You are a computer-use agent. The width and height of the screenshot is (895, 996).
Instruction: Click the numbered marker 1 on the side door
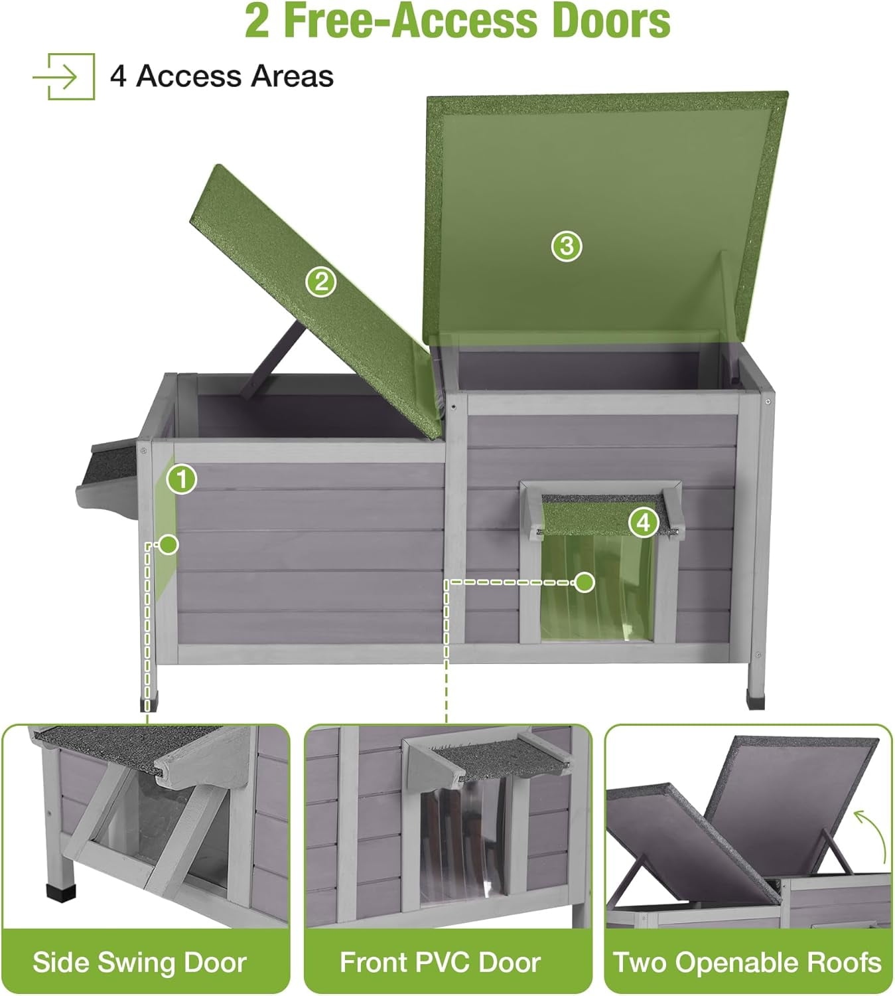[182, 479]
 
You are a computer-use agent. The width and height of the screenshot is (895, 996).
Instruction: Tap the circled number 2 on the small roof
[321, 282]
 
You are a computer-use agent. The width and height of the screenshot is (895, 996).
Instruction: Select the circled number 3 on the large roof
[567, 246]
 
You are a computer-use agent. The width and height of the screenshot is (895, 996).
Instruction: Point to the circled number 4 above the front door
[644, 523]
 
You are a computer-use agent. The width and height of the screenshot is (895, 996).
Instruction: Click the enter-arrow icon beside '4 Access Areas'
[64, 76]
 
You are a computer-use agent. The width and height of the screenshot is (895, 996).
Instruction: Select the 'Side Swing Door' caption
[139, 962]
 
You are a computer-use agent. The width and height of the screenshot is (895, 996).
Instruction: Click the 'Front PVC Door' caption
[440, 962]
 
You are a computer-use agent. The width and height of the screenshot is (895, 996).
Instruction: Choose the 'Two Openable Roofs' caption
[747, 962]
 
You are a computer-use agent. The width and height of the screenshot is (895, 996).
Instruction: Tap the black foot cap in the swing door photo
[62, 891]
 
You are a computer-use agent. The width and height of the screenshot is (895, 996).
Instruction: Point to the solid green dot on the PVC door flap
[585, 582]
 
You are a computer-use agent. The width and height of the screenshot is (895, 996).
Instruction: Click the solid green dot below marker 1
[169, 544]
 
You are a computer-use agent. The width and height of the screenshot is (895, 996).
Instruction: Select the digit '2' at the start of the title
[257, 21]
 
